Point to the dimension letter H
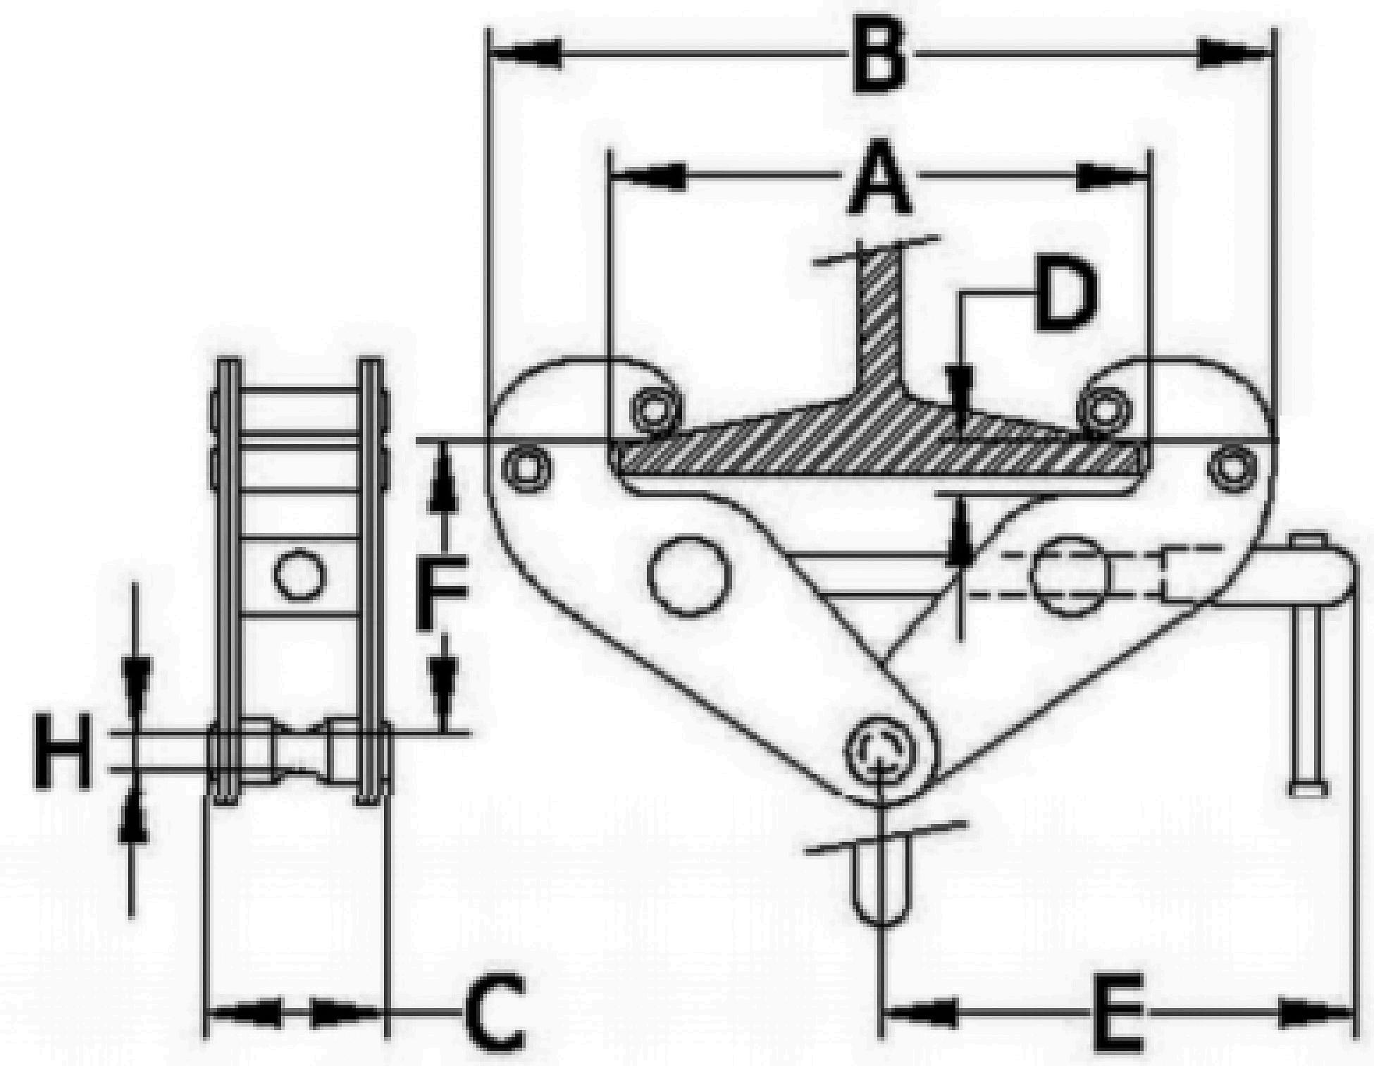coord(63,750)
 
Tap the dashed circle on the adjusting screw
coord(1069,577)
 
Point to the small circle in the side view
coord(300,575)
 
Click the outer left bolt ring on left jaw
coord(526,467)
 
